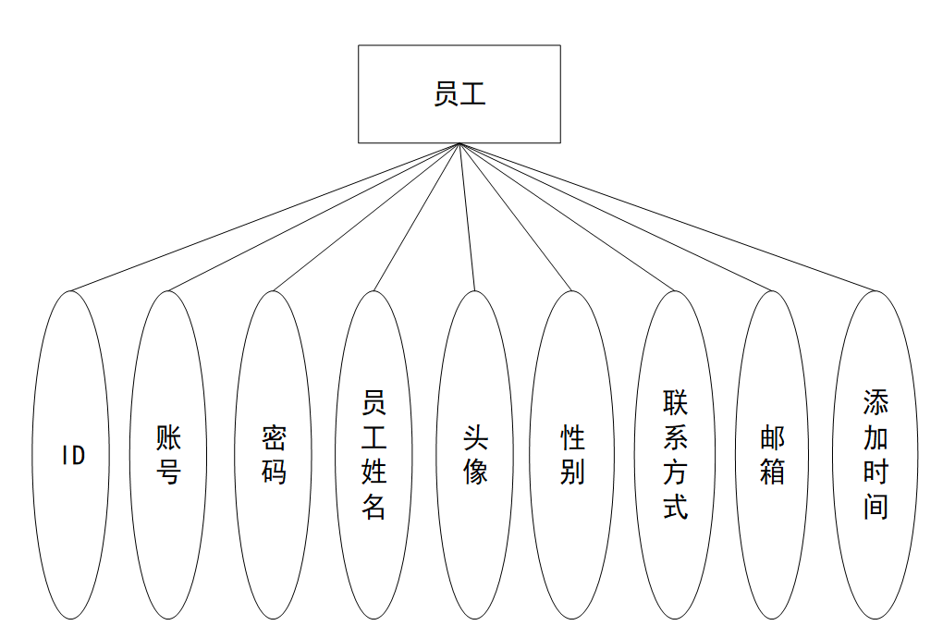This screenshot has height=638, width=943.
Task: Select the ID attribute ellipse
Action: pyautogui.click(x=72, y=518)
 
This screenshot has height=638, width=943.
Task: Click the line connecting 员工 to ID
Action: pyautogui.click(x=263, y=217)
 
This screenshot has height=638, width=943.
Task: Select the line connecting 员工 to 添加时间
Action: pyautogui.click(x=666, y=217)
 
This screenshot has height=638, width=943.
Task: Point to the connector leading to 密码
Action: pyautogui.click(x=366, y=217)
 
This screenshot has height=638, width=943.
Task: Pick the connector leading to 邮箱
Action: pyautogui.click(x=615, y=217)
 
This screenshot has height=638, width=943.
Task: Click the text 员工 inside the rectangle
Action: pyautogui.click(x=459, y=94)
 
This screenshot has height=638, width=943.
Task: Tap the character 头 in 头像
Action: pyautogui.click(x=475, y=437)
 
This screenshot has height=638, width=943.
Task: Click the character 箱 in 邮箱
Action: pyautogui.click(x=773, y=472)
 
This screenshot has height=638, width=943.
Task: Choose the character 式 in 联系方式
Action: pyautogui.click(x=676, y=507)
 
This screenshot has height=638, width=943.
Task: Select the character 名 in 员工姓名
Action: pyautogui.click(x=374, y=507)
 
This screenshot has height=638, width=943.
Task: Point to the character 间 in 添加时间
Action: pyautogui.click(x=876, y=507)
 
